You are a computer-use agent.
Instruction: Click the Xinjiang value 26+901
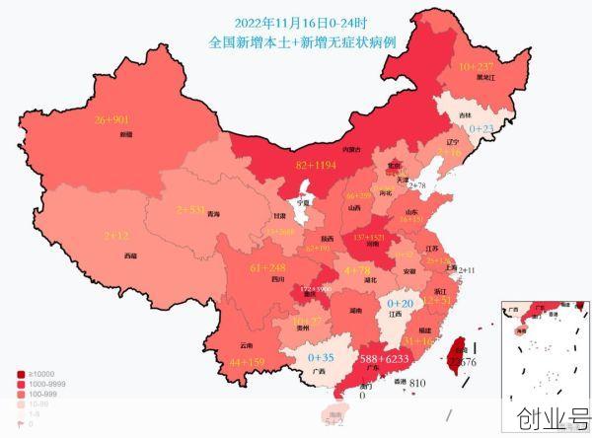point(112,120)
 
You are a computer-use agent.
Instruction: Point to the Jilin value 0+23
point(481,128)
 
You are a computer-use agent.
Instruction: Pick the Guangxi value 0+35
point(322,356)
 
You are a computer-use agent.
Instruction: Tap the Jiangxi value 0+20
point(401,303)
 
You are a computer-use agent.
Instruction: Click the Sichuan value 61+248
point(268,268)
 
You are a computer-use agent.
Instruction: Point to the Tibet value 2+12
point(117,236)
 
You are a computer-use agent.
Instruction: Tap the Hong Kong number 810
point(417,383)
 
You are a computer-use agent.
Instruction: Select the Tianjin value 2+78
point(415,185)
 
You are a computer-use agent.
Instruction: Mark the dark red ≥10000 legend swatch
point(21,375)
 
